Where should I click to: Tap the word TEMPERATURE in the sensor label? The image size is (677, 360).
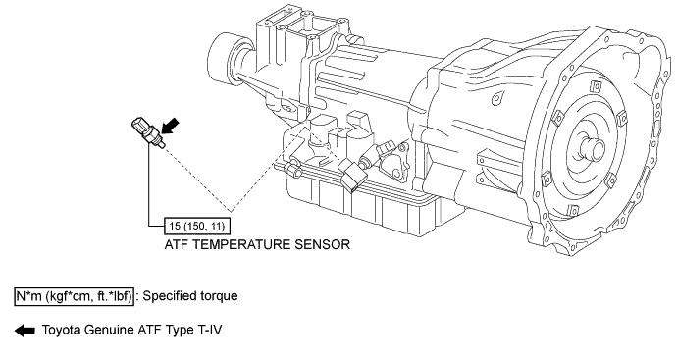(x=241, y=244)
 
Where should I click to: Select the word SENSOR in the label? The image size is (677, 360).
(x=323, y=244)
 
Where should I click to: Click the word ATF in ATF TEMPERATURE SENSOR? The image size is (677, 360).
(x=176, y=244)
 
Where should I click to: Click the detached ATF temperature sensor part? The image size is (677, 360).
(x=147, y=131)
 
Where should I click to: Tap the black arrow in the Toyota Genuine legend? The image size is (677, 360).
(x=26, y=331)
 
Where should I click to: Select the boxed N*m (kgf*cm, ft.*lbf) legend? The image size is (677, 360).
(x=74, y=296)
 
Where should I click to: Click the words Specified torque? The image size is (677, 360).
(x=190, y=296)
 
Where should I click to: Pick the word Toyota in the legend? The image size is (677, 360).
(x=61, y=331)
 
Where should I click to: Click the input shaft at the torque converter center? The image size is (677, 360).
(x=593, y=149)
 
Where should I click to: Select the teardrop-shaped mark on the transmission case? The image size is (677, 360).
(x=497, y=99)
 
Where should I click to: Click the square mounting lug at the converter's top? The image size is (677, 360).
(x=597, y=86)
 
